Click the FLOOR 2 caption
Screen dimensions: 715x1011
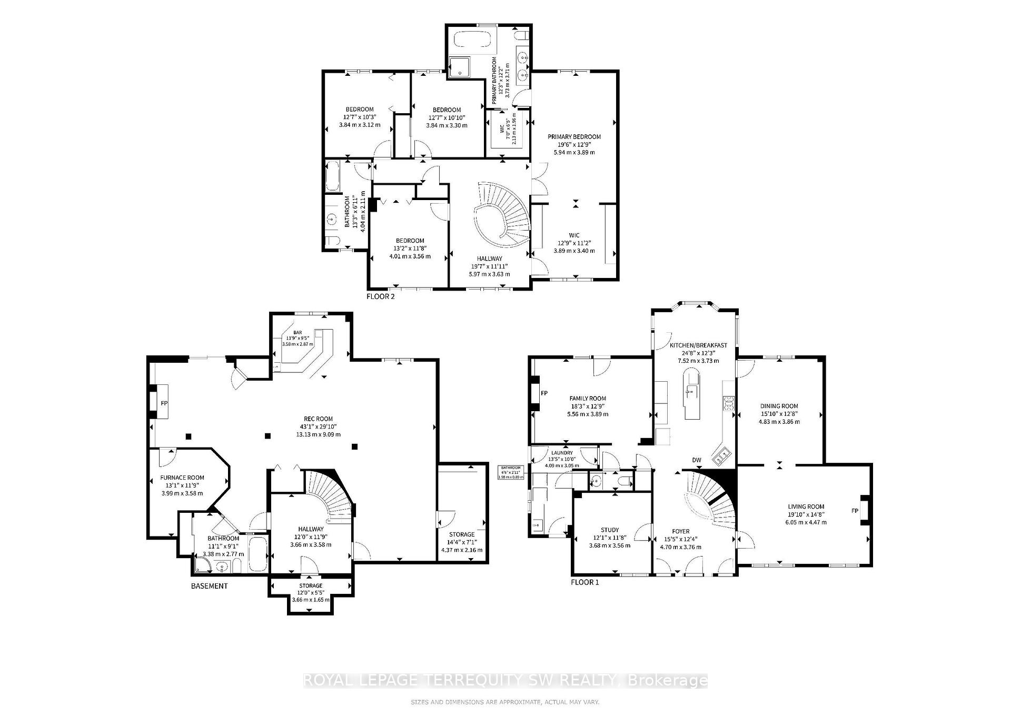380,296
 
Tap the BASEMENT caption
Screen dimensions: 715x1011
209,585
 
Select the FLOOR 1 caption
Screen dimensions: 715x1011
584,582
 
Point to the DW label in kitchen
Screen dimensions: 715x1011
697,460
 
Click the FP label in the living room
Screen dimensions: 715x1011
856,511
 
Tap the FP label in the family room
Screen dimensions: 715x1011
544,393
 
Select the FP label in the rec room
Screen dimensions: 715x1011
164,403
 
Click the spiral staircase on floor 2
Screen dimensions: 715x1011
503,216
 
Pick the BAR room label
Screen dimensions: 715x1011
298,333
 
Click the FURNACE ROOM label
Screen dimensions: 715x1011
182,478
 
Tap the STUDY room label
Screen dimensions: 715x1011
610,530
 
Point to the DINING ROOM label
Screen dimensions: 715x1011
779,406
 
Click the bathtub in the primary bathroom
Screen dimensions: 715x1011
472,41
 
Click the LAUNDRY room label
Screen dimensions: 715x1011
562,453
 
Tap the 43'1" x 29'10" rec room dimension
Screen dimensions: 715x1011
318,427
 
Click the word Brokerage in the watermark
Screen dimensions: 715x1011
669,681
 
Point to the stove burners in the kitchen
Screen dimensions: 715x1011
729,403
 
